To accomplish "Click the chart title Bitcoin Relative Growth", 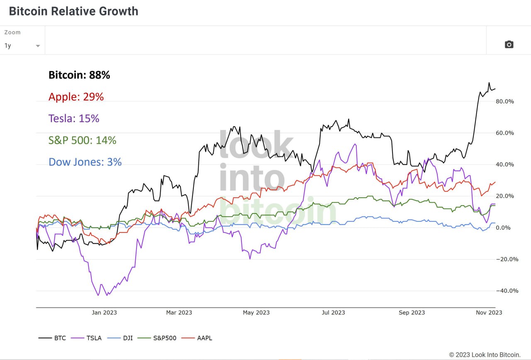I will (x=73, y=11).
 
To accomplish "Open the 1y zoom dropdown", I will (x=22, y=46).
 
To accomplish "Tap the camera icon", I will (x=509, y=44).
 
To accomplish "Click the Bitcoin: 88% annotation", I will (x=79, y=75).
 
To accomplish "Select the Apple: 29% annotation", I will (x=76, y=97).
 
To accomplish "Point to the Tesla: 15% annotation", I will (x=74, y=118).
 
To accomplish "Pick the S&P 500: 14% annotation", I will (x=82, y=140).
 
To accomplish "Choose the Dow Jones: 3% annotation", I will (x=85, y=162).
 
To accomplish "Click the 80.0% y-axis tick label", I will (x=505, y=101).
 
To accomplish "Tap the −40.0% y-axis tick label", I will (x=507, y=291).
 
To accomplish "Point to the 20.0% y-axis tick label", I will (x=505, y=196).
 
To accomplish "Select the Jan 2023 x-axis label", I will (x=104, y=313).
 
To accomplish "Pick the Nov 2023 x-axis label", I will (x=489, y=313).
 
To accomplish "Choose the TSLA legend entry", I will (x=87, y=338).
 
